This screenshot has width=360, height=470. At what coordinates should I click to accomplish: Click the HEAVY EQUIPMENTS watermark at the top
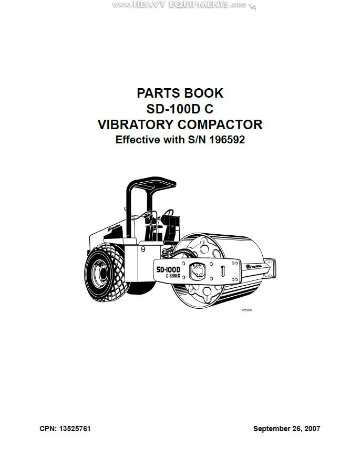pyautogui.click(x=184, y=4)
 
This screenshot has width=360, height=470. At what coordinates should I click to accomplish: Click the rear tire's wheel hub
pyautogui.click(x=98, y=274)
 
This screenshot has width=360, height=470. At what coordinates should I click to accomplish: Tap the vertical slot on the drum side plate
pyautogui.click(x=223, y=273)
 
